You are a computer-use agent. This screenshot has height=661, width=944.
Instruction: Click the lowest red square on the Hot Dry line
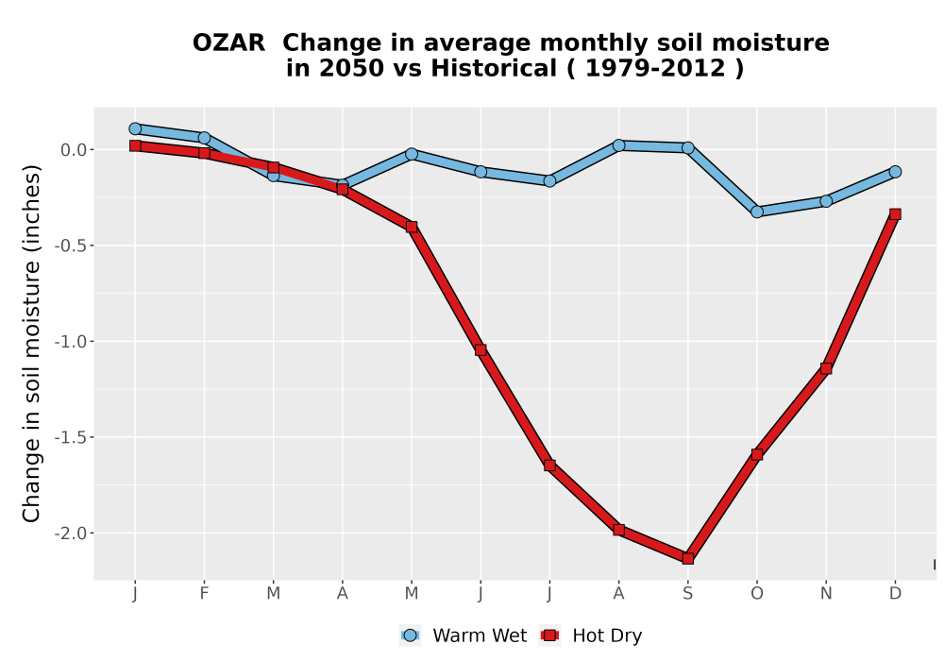[x=687, y=559]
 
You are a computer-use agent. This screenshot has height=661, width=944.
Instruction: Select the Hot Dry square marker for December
[x=895, y=214]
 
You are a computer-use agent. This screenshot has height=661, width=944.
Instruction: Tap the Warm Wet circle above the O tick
[x=757, y=212]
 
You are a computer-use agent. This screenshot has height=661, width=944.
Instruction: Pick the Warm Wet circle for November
[x=826, y=201]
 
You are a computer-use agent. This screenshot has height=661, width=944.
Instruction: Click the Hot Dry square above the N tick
[x=826, y=368]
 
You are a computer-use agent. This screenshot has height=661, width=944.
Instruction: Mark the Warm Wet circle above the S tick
[x=687, y=147]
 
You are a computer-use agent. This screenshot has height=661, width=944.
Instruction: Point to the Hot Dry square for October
[x=757, y=454]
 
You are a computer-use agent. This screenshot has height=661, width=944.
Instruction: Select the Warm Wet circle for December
[x=895, y=172]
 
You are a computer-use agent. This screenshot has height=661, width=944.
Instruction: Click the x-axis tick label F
[x=204, y=594]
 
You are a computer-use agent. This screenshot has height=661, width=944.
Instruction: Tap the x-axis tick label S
[x=687, y=594]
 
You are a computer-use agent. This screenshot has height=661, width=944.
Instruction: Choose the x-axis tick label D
[x=895, y=594]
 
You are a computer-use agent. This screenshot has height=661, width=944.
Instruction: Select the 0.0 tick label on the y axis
[x=74, y=150]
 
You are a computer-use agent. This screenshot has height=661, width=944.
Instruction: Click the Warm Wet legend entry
[x=463, y=636]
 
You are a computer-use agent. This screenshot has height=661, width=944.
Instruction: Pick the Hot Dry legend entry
[x=591, y=636]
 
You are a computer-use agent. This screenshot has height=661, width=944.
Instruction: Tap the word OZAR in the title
[x=228, y=43]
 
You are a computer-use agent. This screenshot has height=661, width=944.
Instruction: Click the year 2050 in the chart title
[x=351, y=69]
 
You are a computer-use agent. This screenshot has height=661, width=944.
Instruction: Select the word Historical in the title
[x=494, y=69]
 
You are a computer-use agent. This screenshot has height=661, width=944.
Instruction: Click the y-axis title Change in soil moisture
[x=31, y=343]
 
